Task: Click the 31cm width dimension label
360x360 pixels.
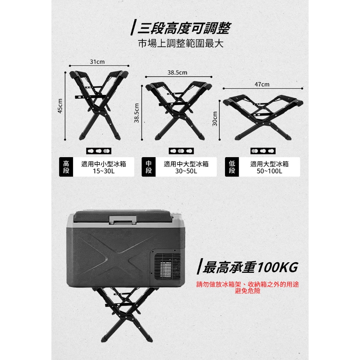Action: coord(97,62)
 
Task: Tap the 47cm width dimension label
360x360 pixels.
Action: coord(262,84)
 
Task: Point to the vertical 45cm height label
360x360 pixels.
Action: coord(60,106)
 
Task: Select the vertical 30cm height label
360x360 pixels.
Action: coord(215,118)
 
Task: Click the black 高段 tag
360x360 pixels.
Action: coord(66,167)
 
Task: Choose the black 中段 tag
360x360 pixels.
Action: coord(149,167)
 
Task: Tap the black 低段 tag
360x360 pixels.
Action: coord(232,167)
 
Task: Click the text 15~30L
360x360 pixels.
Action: coord(104,171)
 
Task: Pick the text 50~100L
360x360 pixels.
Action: coord(269,171)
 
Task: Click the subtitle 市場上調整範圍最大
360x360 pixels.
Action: coord(181,43)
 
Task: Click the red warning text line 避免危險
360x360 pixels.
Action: coord(248,291)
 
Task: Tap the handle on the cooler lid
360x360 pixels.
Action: coord(123,220)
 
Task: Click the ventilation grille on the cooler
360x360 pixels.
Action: coord(167,266)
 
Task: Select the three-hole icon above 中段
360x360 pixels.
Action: coord(181,151)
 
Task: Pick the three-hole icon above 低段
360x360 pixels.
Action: coord(263,151)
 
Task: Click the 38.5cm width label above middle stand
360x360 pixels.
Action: coord(177,72)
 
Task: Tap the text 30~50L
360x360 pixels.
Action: coord(186,171)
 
